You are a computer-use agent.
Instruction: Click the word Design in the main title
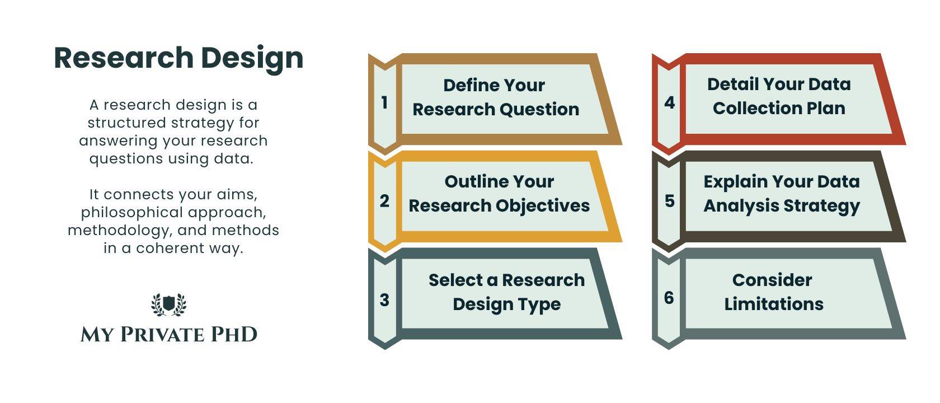(252, 59)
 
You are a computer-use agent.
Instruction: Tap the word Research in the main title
(124, 58)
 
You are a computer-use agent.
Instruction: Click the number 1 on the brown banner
(384, 103)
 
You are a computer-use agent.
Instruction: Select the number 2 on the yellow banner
(384, 201)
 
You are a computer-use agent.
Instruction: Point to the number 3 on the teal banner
(384, 300)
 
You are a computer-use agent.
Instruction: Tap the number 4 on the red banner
(669, 103)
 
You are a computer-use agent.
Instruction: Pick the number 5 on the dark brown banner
(669, 201)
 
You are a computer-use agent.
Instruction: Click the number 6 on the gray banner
(669, 298)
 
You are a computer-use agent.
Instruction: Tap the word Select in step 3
(455, 280)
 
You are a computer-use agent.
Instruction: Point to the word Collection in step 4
(751, 109)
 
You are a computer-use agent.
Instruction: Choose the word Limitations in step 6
(774, 304)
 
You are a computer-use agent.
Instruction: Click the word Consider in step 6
(772, 280)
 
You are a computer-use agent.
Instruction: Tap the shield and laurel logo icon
(169, 304)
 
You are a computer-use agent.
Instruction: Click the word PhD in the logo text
(234, 335)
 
